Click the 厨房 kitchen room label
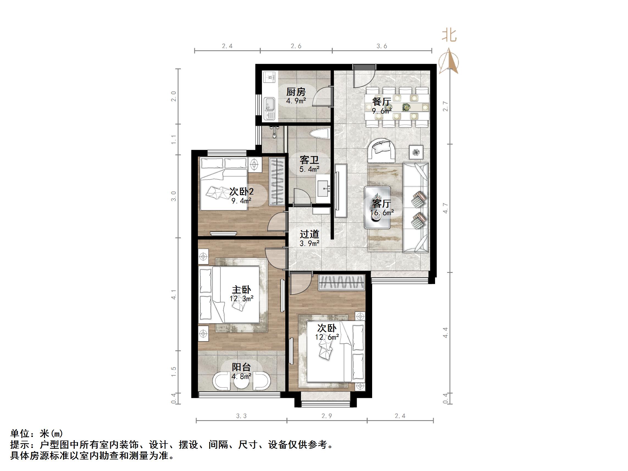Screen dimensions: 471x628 click(296, 92)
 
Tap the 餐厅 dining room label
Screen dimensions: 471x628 click(381, 101)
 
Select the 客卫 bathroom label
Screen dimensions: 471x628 click(309, 160)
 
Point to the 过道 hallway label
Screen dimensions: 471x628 click(309, 234)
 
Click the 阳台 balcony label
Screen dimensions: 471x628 click(241, 367)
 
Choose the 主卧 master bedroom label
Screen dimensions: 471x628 click(241, 290)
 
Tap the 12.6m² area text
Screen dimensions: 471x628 click(327, 337)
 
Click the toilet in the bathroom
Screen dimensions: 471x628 click(320, 134)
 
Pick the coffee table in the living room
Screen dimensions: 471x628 click(377, 207)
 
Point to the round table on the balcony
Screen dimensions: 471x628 click(242, 382)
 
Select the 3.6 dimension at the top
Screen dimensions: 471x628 click(381, 46)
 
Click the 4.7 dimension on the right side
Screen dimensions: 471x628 click(445, 208)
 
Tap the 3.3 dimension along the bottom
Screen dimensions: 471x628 click(241, 416)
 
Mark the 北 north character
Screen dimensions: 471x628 click(449, 35)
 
